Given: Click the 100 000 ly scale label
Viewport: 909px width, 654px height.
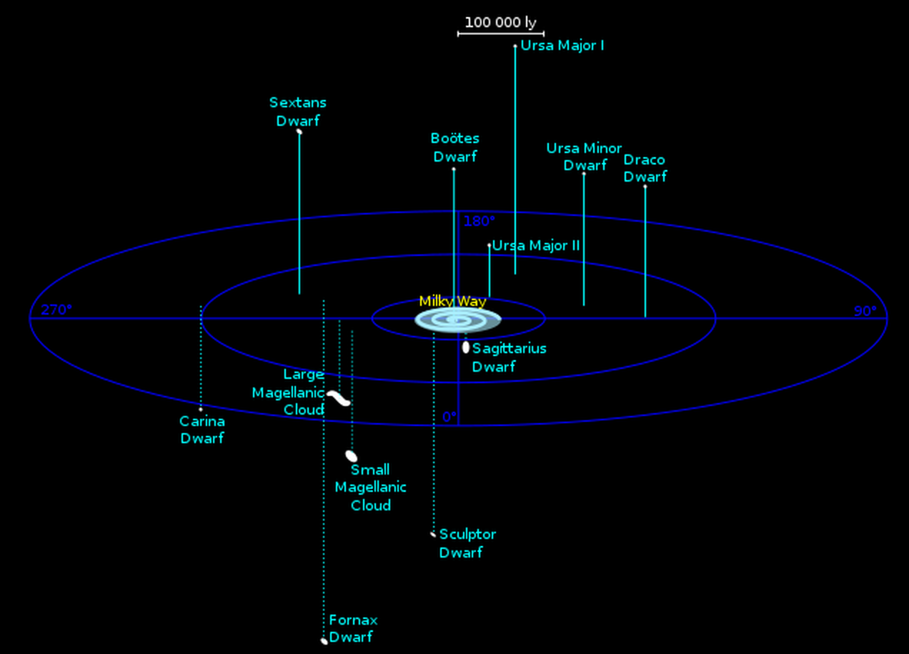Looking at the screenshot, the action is (x=500, y=23).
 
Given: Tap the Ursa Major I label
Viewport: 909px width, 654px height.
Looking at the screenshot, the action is (x=562, y=46).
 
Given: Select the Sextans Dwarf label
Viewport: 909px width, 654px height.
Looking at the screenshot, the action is (x=298, y=112).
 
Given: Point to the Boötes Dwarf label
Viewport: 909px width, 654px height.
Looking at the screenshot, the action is (x=455, y=147).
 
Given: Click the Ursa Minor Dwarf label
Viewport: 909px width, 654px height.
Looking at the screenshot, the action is (x=584, y=157).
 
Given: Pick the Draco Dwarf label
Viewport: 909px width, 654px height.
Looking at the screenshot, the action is (x=645, y=168).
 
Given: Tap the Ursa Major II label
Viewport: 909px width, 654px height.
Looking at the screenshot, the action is (x=536, y=246).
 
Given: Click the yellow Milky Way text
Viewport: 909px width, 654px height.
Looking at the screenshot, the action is (x=452, y=302).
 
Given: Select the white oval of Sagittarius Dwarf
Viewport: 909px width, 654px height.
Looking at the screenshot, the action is (x=466, y=347).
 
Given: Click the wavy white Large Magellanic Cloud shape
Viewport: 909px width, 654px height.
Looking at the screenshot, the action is (x=339, y=398).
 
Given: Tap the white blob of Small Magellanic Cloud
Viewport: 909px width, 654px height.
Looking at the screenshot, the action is (x=352, y=456).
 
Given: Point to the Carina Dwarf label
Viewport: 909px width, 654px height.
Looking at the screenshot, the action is (x=202, y=430).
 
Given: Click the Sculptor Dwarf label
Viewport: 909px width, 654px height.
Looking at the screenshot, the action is (x=467, y=543).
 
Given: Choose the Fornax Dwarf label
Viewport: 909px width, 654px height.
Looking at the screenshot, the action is (x=353, y=628).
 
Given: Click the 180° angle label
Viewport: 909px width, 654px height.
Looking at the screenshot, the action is (x=480, y=222).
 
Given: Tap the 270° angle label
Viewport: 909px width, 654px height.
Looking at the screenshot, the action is (x=56, y=309).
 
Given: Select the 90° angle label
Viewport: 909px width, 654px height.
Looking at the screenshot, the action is (x=865, y=311).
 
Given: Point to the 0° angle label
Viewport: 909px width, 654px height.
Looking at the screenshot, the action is (x=449, y=417).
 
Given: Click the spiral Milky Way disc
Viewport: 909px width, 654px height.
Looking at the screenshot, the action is (x=458, y=319).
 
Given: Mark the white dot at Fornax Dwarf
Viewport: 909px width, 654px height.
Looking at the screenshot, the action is (x=324, y=641).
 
